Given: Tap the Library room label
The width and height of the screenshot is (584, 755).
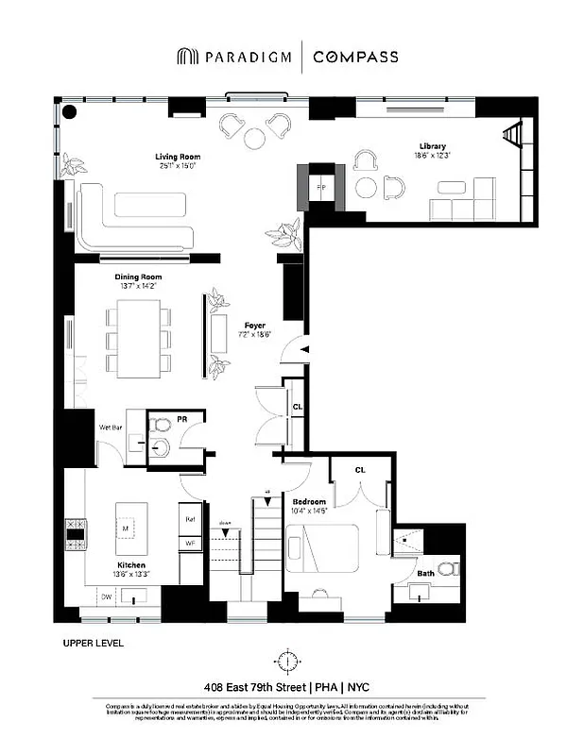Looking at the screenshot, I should point(434,146).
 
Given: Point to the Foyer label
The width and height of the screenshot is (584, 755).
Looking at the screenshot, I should point(253,326).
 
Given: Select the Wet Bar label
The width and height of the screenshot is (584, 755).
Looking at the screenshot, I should point(111,427).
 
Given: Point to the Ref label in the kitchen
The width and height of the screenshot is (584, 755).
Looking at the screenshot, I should point(189,519).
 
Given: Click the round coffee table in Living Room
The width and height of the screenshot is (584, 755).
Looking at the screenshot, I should point(254,138).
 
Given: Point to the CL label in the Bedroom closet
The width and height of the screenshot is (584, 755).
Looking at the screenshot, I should point(360,469).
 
